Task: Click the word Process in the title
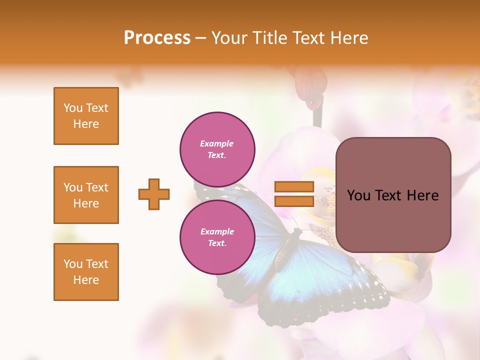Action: click(x=157, y=38)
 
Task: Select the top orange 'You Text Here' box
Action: click(x=86, y=116)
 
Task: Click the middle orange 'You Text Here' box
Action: click(x=86, y=195)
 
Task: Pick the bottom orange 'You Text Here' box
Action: click(x=86, y=272)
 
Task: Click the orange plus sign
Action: click(x=154, y=194)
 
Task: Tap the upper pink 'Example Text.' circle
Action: click(x=217, y=149)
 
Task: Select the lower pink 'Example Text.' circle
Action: click(x=217, y=237)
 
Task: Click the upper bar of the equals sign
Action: click(x=294, y=187)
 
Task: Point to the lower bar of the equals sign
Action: click(x=294, y=201)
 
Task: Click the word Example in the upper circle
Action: click(x=217, y=143)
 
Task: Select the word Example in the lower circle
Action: click(x=217, y=231)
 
